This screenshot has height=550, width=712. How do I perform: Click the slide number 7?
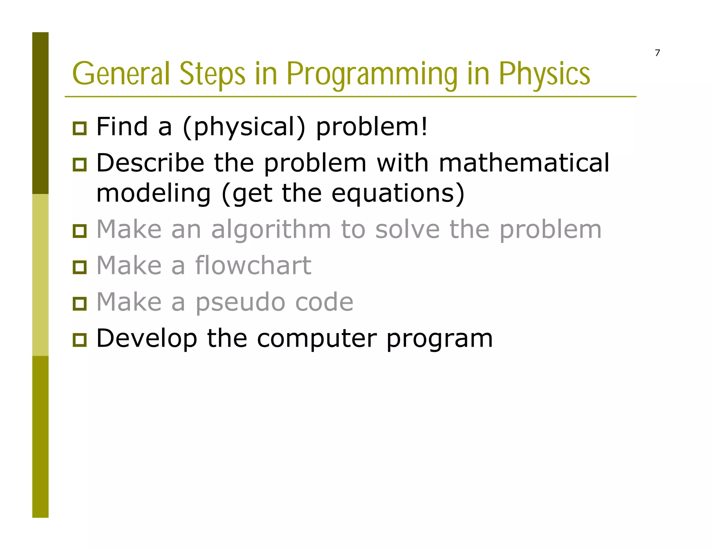(657, 53)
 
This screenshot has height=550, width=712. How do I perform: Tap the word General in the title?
(121, 74)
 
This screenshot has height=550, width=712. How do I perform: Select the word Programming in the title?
(372, 74)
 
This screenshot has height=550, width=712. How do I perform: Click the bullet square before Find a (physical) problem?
(80, 128)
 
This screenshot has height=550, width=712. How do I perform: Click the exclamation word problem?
(371, 127)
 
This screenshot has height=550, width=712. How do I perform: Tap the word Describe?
(150, 163)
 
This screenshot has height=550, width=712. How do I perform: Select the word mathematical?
(524, 163)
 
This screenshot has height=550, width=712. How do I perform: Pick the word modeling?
(153, 194)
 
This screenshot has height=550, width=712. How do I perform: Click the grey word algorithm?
(271, 230)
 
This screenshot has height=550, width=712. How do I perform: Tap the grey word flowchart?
(253, 266)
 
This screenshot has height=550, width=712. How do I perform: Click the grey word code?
(324, 302)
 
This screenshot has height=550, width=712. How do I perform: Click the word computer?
(317, 339)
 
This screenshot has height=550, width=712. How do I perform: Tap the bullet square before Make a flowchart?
(80, 267)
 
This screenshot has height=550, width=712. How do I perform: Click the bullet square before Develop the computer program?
(80, 340)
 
